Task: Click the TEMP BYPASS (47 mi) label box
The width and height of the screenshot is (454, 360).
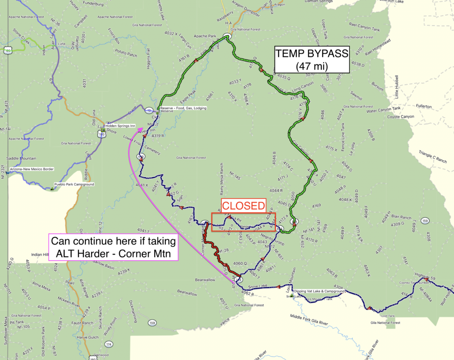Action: (312, 60)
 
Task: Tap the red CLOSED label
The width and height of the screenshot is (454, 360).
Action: (243, 206)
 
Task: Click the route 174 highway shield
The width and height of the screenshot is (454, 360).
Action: (109, 344)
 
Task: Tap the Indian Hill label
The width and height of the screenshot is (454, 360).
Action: (43, 255)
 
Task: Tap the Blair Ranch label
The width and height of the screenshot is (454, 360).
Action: (401, 217)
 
